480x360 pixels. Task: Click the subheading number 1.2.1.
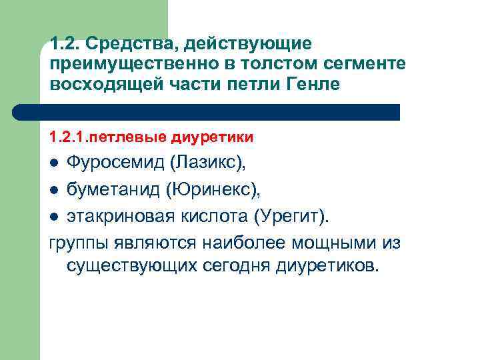pyautogui.click(x=68, y=138)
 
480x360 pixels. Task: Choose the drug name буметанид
pyautogui.click(x=107, y=191)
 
